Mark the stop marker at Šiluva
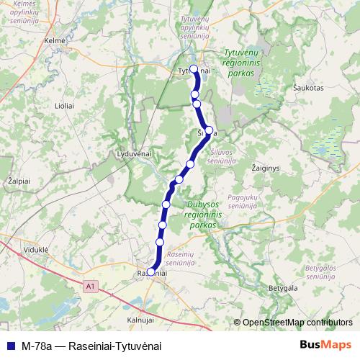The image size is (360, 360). click(x=209, y=130)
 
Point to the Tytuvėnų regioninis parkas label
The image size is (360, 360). click(x=245, y=63)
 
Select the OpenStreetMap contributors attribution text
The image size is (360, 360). click(x=297, y=322)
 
